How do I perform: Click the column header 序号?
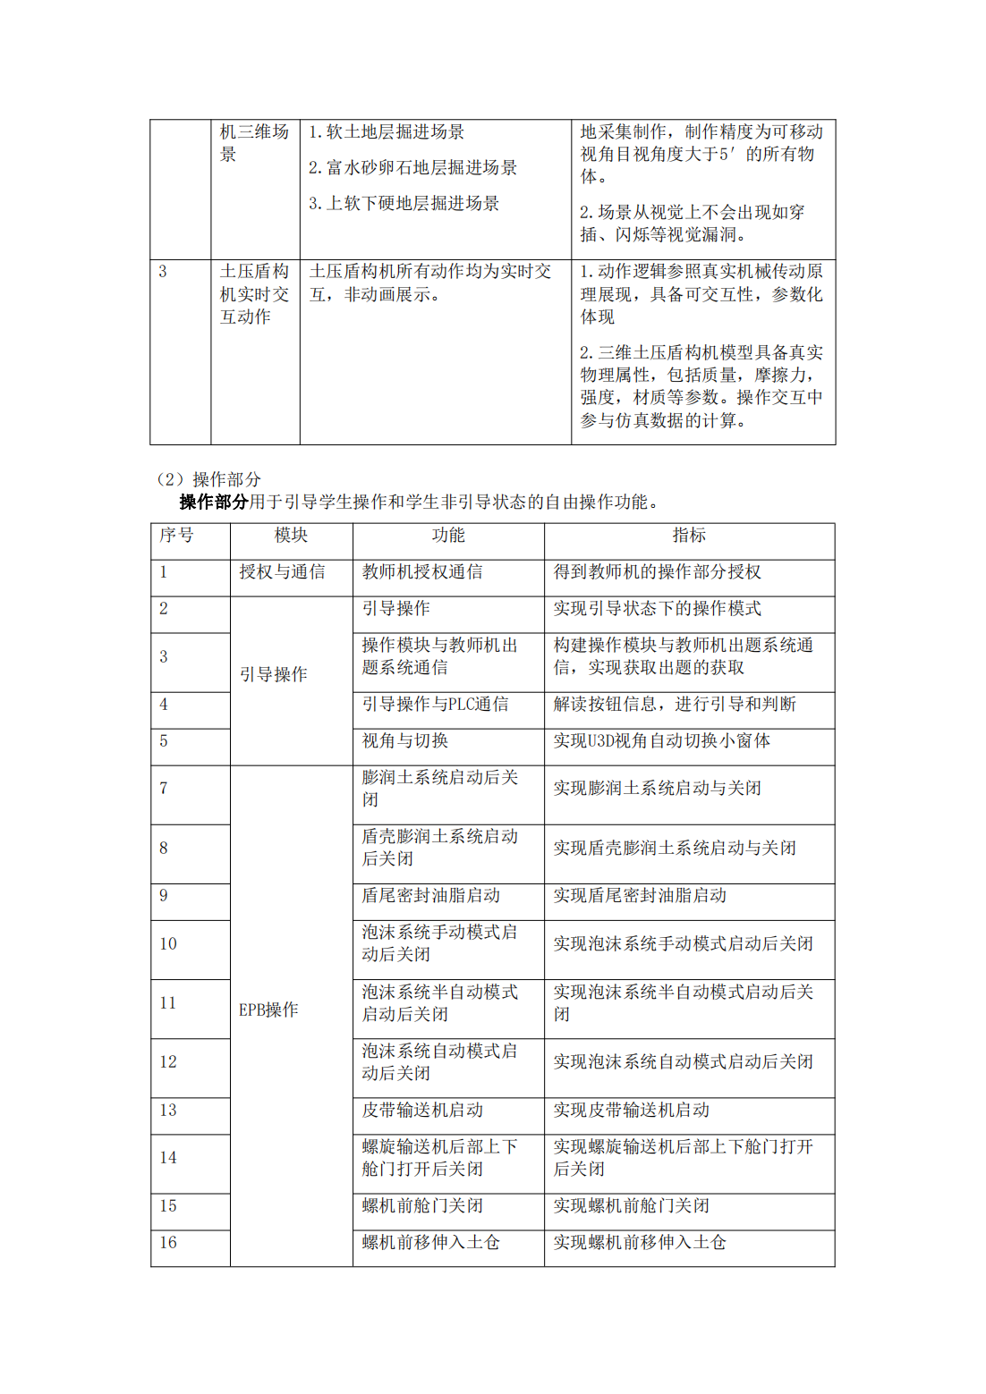[x=176, y=536]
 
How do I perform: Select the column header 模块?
[x=291, y=536]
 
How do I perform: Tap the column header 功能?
[x=448, y=536]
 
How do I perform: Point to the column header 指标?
[x=689, y=536]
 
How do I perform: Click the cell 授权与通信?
[x=282, y=572]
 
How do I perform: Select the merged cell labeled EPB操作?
[x=268, y=1010]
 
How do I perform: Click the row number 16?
[x=168, y=1243]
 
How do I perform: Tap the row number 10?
[x=168, y=944]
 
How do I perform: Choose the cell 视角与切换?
[x=404, y=741]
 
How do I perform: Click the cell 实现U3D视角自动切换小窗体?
[x=661, y=741]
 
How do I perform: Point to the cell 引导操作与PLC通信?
[x=435, y=705]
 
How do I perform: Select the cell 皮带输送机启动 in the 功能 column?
[x=422, y=1111]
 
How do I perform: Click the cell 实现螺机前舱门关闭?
[x=631, y=1206]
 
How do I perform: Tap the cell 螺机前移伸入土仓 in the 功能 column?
[x=430, y=1243]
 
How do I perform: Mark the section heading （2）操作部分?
[x=208, y=480]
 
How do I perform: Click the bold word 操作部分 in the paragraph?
[x=213, y=503]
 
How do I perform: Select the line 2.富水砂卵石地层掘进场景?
[x=412, y=168]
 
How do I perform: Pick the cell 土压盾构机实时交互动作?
[x=254, y=294]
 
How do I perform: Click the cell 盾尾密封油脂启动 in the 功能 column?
[x=430, y=896]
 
